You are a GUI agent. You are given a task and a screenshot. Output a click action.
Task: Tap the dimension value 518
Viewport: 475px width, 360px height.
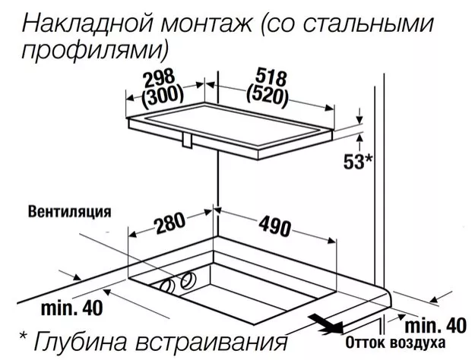click(271, 77)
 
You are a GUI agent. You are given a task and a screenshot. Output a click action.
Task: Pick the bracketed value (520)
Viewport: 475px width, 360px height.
click(268, 96)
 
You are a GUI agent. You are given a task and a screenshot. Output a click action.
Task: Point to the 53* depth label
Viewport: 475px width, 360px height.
click(358, 161)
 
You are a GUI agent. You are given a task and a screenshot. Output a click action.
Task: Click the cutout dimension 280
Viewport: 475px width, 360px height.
click(169, 223)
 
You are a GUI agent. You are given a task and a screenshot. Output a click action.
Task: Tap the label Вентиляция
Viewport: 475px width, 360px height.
click(70, 212)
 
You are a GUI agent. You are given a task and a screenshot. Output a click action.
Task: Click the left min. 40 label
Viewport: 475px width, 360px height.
click(71, 308)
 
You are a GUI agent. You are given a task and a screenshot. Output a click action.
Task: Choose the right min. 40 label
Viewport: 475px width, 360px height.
click(435, 326)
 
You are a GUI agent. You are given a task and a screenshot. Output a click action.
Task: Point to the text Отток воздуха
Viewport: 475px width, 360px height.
click(395, 343)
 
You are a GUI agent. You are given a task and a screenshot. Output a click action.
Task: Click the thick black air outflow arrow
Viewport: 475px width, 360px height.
click(325, 324)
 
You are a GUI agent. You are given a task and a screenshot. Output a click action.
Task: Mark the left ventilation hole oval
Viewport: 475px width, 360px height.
click(167, 286)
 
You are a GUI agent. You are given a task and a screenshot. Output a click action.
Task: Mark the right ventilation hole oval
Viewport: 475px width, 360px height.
click(188, 280)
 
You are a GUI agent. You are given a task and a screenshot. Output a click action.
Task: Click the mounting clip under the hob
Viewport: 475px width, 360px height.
click(187, 141)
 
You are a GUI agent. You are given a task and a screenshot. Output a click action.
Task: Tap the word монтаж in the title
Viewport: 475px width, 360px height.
click(206, 24)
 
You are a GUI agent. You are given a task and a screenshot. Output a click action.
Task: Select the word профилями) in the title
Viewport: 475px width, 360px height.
click(94, 50)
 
